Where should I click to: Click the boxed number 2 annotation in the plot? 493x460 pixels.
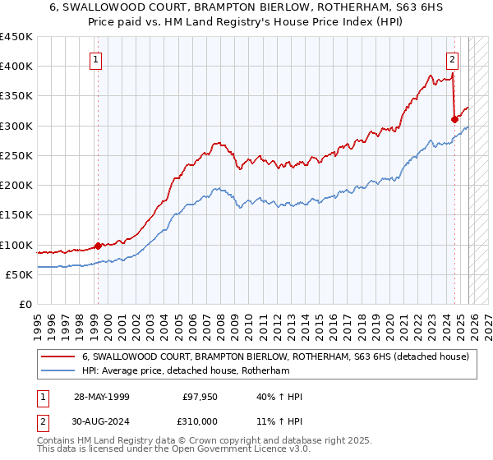point(453,59)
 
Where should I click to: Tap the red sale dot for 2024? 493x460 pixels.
point(454,119)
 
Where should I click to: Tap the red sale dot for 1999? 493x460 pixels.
point(98,245)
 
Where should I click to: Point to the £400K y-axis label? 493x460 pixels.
point(16,67)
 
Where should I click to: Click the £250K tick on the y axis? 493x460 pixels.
point(16,155)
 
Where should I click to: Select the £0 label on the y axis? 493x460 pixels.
point(25,304)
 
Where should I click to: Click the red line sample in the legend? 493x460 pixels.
point(58,356)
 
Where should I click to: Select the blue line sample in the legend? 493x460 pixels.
point(58,370)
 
